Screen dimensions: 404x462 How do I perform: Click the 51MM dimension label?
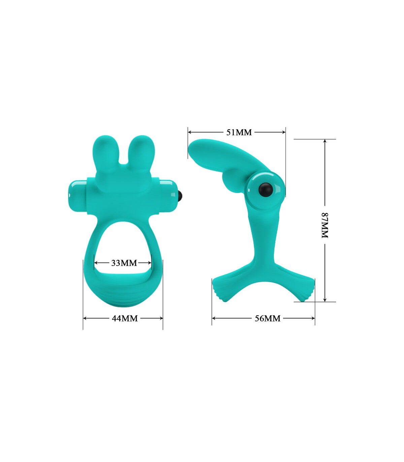click(x=239, y=132)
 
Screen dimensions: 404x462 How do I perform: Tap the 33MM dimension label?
click(x=124, y=263)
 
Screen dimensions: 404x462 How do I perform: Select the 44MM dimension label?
click(x=125, y=319)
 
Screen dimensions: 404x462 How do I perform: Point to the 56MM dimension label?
click(x=268, y=319)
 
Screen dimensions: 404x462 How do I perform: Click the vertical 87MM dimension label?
click(x=325, y=225)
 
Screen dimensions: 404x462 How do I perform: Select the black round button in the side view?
click(x=266, y=189)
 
